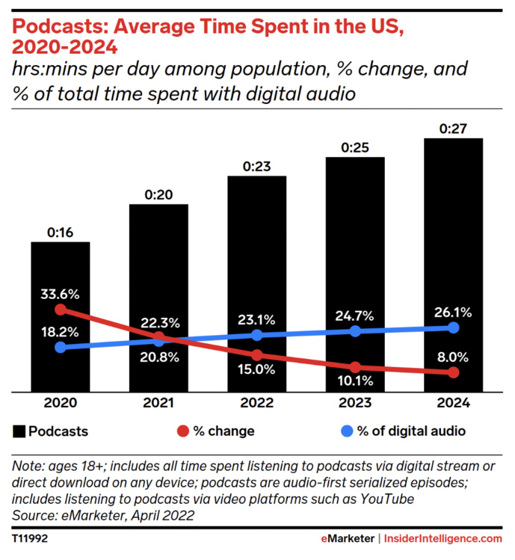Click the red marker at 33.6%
pos(61,309)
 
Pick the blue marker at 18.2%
pos(61,347)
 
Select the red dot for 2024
pos(453,372)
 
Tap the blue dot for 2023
pos(355,330)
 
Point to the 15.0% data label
pos(256,369)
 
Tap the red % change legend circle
pos(182,431)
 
